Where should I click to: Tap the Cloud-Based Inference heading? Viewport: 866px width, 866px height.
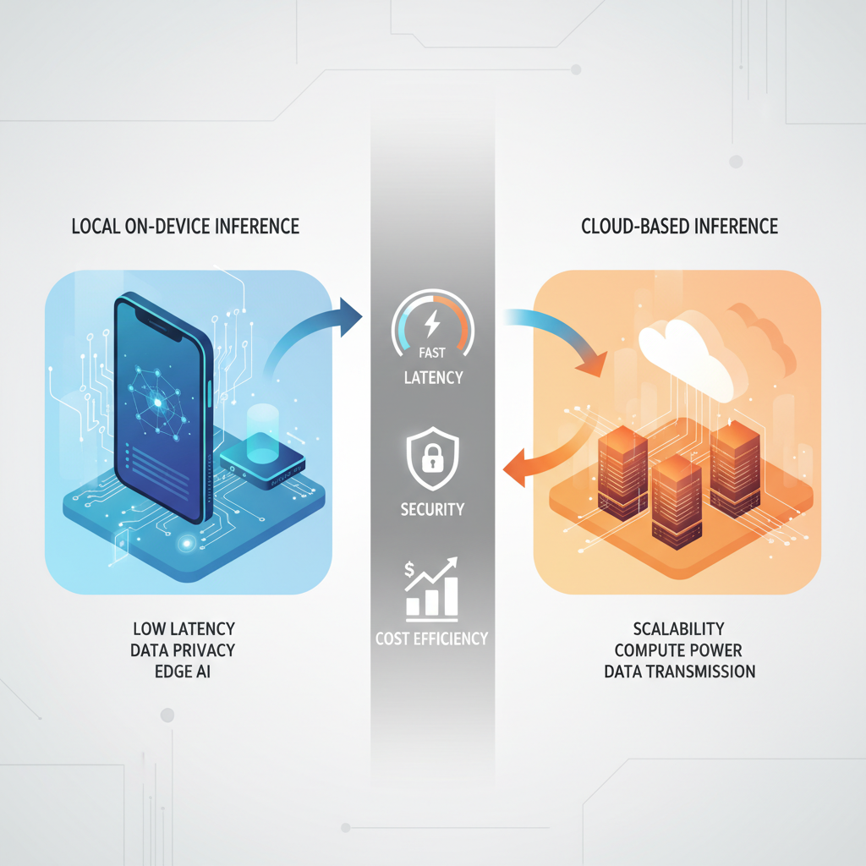click(680, 227)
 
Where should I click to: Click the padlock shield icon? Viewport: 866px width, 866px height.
click(432, 458)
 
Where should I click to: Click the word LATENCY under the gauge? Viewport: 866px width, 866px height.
click(432, 377)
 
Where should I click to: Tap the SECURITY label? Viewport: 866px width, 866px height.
click(432, 509)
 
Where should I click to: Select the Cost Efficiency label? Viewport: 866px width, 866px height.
click(432, 639)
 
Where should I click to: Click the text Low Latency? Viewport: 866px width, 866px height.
click(184, 629)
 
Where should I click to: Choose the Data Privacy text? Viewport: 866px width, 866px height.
click(184, 650)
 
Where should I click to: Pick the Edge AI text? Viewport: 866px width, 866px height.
click(184, 672)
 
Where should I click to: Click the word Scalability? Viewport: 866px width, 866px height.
click(680, 629)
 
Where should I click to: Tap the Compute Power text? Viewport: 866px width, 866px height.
click(680, 650)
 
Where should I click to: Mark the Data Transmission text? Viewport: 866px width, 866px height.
click(680, 672)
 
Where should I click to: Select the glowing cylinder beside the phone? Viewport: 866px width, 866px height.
click(264, 433)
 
